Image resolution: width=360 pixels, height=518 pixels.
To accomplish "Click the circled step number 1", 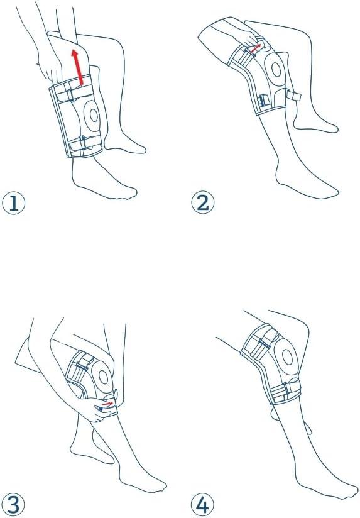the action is pos(14,203).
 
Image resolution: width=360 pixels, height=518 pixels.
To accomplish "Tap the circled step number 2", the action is pos(203,203).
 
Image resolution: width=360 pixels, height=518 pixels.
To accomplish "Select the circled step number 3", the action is pos(14,505).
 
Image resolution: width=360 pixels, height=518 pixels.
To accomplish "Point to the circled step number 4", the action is pos(203,505).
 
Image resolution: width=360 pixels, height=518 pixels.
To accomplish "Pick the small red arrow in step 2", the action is pos(255,48).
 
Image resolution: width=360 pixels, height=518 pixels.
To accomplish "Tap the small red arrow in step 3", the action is pos(107,404).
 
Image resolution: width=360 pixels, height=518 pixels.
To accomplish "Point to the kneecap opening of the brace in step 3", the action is pos(104,377).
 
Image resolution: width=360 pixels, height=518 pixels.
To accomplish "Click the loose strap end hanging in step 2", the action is pos(293,96).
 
